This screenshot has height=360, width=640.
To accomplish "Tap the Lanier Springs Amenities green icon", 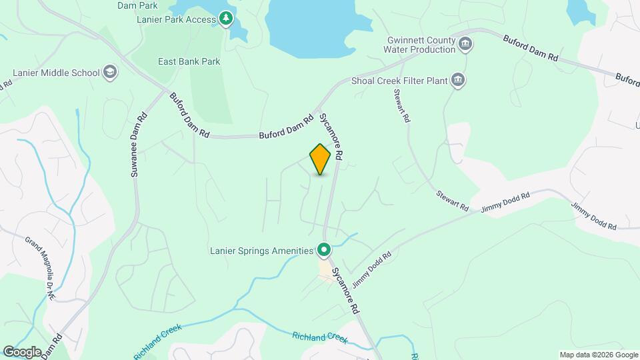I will [325, 250].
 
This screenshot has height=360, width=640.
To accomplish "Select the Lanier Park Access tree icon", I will [226, 19].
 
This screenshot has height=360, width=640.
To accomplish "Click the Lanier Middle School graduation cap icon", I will [110, 73].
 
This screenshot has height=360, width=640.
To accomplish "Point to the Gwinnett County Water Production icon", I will [465, 45].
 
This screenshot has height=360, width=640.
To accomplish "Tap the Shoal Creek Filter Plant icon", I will [458, 81].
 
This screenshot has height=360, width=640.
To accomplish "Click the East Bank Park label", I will [189, 61].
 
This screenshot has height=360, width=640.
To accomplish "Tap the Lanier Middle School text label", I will [56, 73].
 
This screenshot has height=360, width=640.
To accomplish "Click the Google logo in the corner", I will [22, 351].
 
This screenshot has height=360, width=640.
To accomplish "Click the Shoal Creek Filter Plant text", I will [399, 81].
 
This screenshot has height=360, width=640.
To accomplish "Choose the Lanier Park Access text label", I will [176, 19].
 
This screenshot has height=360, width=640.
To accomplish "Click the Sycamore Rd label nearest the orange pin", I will [331, 135].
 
